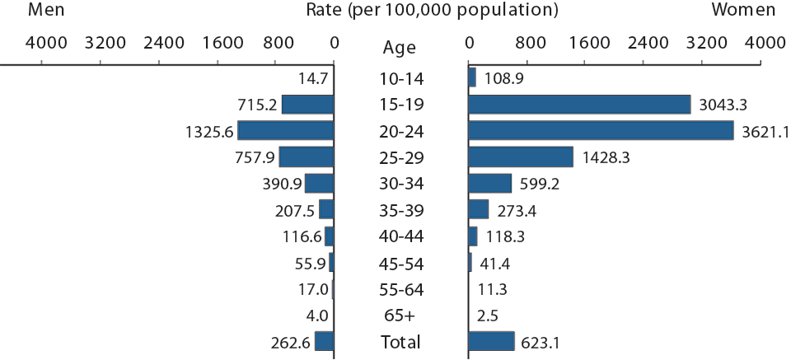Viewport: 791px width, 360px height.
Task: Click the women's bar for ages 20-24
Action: click(x=600, y=131)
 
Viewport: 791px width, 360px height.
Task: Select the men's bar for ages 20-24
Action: click(x=285, y=131)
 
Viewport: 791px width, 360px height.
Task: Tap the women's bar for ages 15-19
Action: click(x=579, y=105)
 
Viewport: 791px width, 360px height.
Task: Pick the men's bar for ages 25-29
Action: click(x=306, y=157)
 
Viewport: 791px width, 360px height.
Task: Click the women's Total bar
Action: click(x=491, y=342)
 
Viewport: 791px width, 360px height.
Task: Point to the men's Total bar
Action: click(x=324, y=342)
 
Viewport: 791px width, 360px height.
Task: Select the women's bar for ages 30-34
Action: click(x=489, y=184)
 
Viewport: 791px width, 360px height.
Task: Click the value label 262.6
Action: click(x=289, y=342)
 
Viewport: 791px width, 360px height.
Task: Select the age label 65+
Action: click(x=400, y=316)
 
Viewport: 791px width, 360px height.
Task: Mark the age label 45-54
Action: click(x=400, y=263)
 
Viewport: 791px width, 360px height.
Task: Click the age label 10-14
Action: click(x=400, y=78)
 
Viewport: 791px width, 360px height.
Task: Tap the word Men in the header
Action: click(x=47, y=11)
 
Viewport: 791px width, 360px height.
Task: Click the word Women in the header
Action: click(x=743, y=11)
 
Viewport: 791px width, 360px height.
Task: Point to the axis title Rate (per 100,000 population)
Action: click(x=419, y=11)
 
